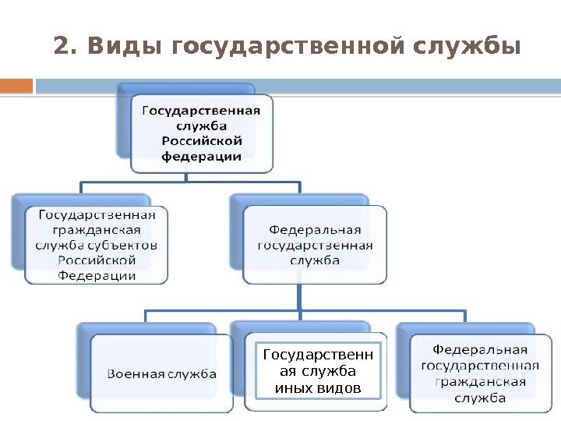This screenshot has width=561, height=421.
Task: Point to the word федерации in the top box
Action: coord(201,155)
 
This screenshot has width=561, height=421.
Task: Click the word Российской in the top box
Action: coord(201,140)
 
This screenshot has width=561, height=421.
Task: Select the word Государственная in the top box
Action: coord(201,110)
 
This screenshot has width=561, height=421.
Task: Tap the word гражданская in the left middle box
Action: coord(97,229)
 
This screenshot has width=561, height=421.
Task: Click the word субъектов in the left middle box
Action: coord(129,245)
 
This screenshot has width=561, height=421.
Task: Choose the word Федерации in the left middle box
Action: coord(97,275)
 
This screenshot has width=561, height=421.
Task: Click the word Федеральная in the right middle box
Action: coord(314,230)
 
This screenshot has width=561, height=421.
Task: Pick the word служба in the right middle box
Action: coord(314,260)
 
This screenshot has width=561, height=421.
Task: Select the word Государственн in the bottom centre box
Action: coord(318,356)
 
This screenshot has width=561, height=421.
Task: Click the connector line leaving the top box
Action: coord(186,178)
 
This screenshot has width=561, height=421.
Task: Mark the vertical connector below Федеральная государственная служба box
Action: coord(299,296)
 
